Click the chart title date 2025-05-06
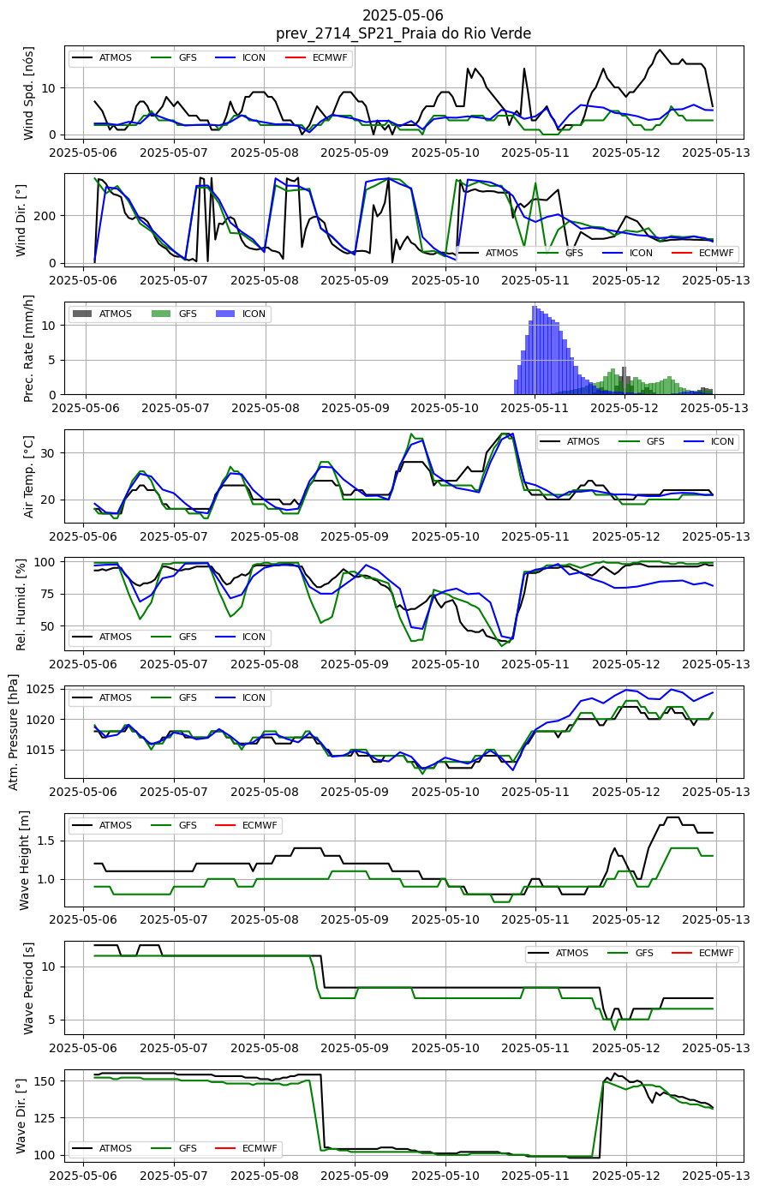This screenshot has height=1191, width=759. click(403, 15)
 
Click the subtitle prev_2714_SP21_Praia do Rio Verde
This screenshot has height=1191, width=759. click(403, 33)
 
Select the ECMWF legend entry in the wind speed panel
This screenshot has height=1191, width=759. click(317, 57)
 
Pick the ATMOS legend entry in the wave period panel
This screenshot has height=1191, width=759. click(558, 953)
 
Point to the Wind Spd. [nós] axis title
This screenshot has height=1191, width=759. click(28, 93)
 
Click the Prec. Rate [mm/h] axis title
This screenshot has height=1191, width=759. click(28, 349)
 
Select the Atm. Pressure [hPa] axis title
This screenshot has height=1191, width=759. click(13, 732)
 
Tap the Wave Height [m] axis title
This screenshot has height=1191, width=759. click(24, 860)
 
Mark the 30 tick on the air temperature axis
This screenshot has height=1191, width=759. click(51, 453)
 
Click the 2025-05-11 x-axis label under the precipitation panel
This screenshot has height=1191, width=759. click(535, 409)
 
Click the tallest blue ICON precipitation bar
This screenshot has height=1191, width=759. click(535, 350)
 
